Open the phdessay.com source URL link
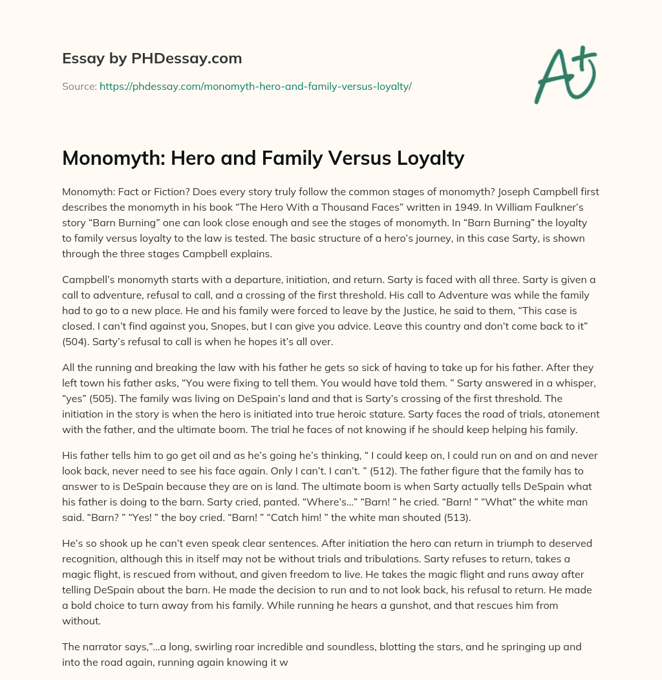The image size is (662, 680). [255, 86]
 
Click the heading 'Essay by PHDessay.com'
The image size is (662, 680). [152, 59]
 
